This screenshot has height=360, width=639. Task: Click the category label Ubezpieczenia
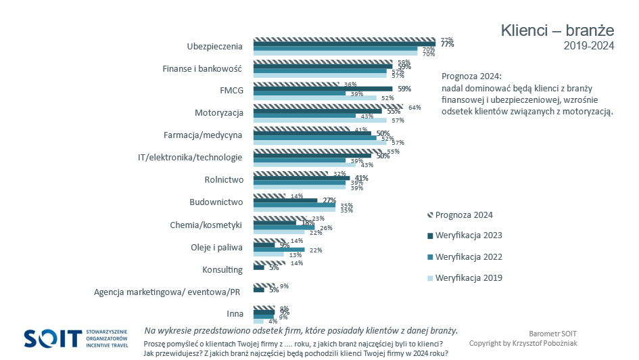coord(214,46)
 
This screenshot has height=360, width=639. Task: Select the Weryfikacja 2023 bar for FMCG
coord(323,89)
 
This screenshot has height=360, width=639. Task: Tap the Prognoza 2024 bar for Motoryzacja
coord(328,106)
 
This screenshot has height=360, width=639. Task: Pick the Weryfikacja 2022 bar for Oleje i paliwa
coord(279,250)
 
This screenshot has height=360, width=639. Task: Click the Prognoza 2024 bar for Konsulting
coord(269,263)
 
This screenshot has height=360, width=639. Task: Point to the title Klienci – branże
coord(557,30)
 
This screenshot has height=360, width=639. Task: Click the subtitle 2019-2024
coord(588,46)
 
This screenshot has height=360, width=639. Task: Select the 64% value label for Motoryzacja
coord(415,108)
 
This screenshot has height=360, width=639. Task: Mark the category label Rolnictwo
coord(223,180)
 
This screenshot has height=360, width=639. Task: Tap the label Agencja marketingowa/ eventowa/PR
coord(167,292)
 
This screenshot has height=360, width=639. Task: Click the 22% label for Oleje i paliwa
coord(316,250)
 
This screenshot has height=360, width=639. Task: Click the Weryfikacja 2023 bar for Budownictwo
coord(285,200)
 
